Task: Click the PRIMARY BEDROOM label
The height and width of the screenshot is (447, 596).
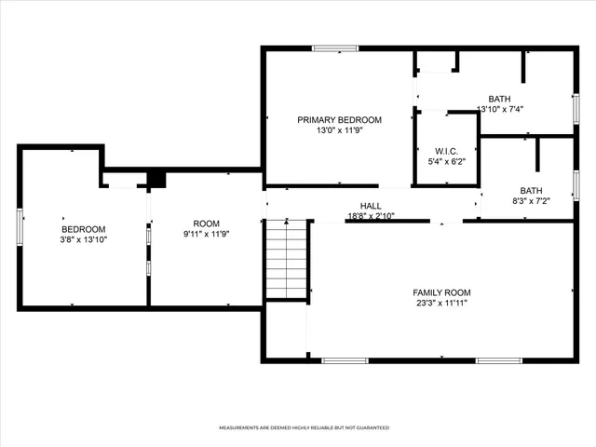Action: [x=339, y=119]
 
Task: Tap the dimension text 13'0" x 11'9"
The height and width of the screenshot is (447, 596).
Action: [x=339, y=130]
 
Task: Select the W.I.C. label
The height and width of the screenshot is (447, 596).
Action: [x=446, y=150]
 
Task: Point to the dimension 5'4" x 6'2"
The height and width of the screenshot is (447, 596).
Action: [x=446, y=161]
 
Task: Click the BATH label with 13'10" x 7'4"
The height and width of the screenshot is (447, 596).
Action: [x=500, y=98]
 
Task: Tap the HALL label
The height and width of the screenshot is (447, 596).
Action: [x=371, y=206]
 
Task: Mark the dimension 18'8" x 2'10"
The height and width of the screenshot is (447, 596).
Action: [x=371, y=215]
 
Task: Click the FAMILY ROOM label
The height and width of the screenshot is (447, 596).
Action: [x=441, y=292]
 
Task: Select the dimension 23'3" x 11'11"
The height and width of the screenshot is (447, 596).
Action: [x=441, y=304]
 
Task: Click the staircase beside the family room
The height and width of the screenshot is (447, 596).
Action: [x=286, y=260]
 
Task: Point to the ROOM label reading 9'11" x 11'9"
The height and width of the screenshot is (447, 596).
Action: [x=205, y=223]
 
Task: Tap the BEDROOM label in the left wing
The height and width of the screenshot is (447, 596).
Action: [x=83, y=229]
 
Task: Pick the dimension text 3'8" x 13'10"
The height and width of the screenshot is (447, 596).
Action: [x=83, y=239]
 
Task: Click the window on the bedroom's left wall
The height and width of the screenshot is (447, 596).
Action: [x=20, y=227]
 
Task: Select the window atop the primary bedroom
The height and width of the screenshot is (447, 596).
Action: [x=335, y=48]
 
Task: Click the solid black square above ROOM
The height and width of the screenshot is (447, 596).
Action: [x=156, y=179]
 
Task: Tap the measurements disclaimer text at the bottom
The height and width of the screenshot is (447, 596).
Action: [x=304, y=427]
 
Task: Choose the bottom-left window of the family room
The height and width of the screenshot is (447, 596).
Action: [x=344, y=360]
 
